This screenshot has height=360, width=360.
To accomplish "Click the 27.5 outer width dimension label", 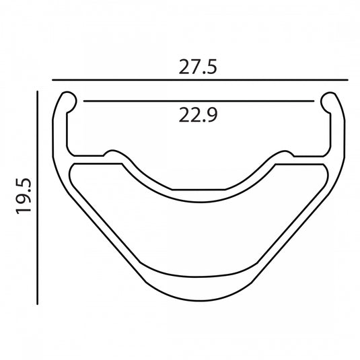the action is click(x=198, y=67).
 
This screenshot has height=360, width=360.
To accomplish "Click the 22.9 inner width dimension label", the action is click(x=198, y=115).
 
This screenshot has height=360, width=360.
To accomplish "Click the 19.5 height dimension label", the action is click(x=24, y=196).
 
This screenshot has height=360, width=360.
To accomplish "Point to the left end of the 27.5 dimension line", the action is click(x=52, y=80).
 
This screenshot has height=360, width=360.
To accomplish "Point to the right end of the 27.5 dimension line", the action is click(x=348, y=80).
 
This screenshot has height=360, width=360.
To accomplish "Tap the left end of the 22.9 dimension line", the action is click(x=84, y=101).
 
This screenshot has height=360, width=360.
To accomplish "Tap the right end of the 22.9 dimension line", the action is click(x=314, y=101).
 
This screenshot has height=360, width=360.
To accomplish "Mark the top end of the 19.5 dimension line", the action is click(x=37, y=92).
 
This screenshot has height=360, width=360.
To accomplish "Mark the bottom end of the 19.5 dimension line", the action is click(x=37, y=304).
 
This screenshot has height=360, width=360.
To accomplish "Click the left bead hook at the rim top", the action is click(x=69, y=101).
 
